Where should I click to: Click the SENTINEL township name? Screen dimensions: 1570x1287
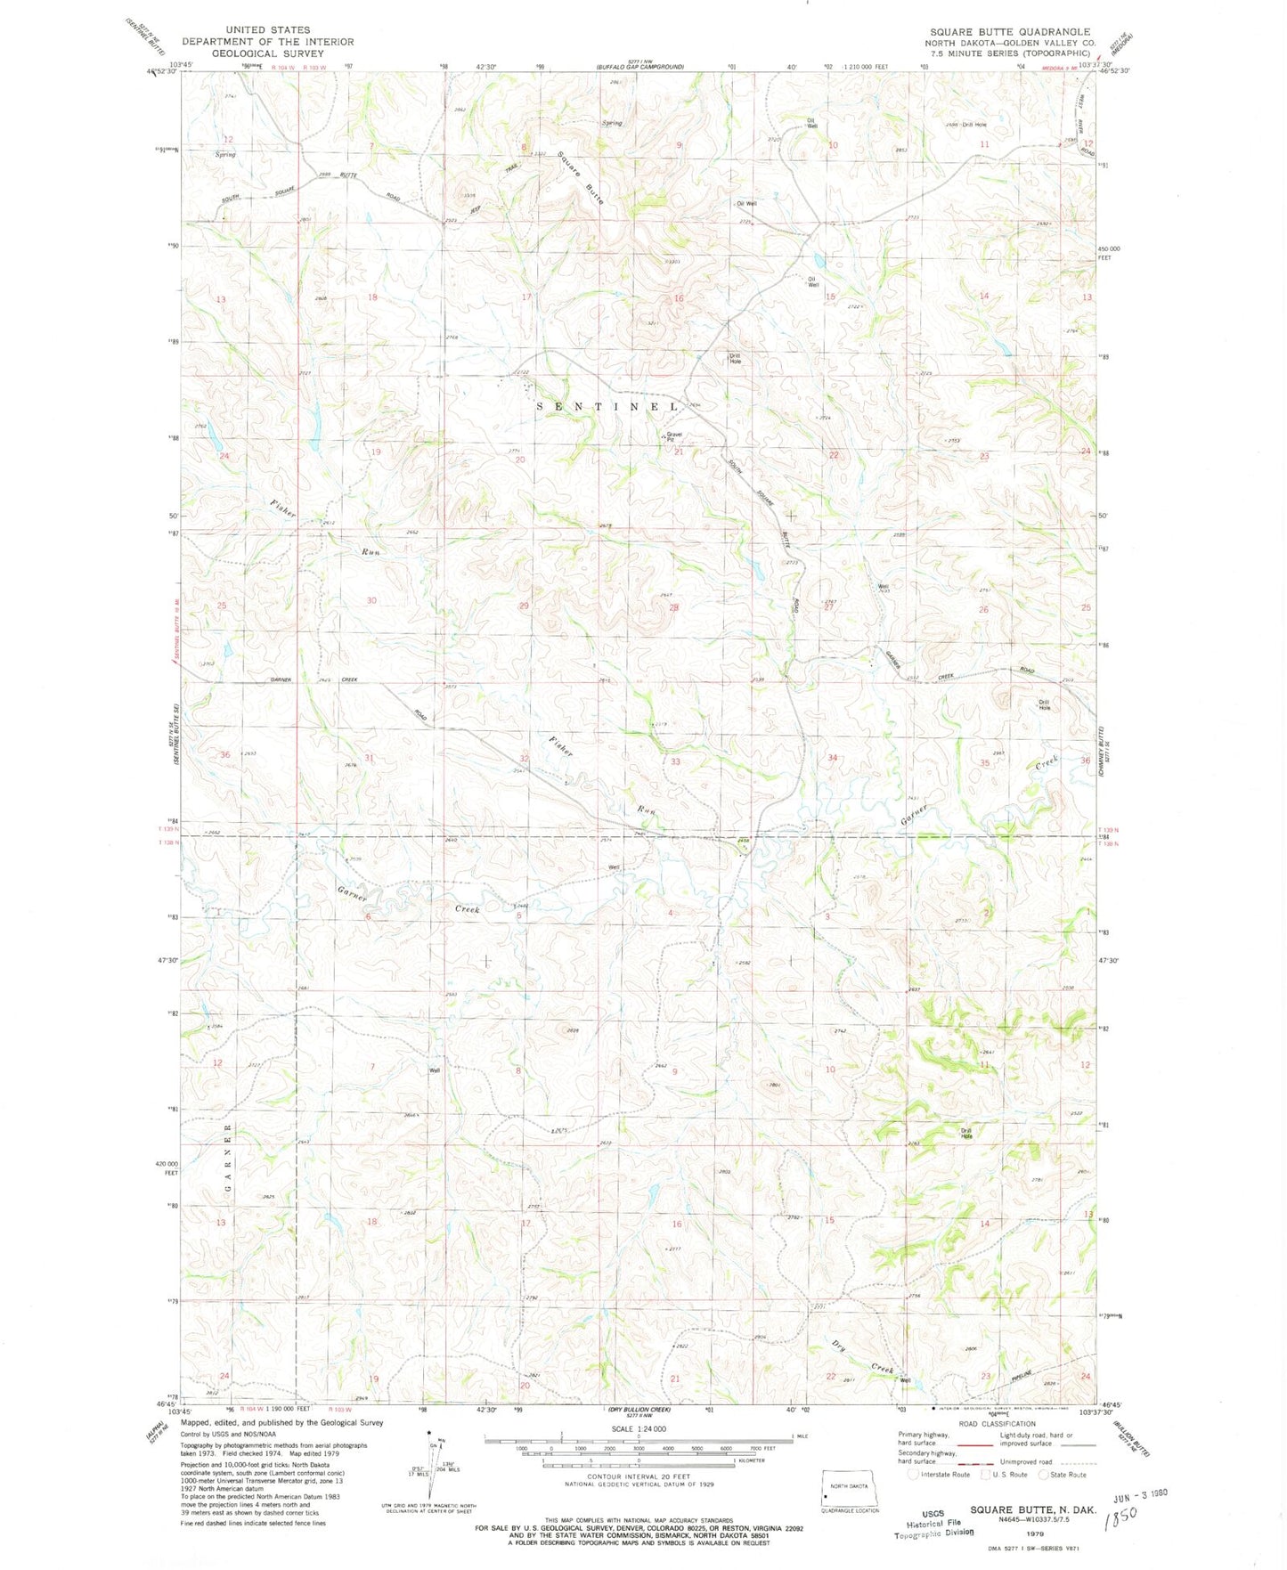point(607,406)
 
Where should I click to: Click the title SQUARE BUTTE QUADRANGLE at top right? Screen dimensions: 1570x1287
point(1009,31)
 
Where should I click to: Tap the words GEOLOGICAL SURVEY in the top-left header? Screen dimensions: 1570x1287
point(267,53)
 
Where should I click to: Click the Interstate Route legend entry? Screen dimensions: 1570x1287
point(940,1475)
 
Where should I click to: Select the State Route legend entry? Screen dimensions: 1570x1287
point(1065,1475)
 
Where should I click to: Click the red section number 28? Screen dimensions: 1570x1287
point(674,607)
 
